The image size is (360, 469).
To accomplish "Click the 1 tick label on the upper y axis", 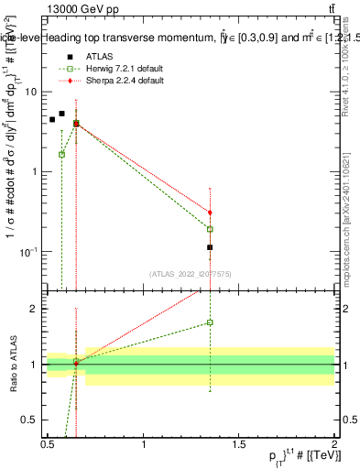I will [34, 171].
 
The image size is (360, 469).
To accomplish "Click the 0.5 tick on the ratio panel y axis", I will [29, 420].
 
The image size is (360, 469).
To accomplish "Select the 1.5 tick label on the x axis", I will [239, 443].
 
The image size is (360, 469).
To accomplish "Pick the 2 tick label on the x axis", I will [334, 443].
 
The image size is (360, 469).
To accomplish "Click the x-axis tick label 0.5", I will [48, 443].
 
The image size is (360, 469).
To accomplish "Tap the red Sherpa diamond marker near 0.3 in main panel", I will [210, 213].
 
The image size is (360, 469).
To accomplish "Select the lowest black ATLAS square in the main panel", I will [210, 247].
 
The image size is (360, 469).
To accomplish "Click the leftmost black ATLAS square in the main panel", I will [52, 119].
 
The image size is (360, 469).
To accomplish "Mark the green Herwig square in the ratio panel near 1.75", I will [210, 322].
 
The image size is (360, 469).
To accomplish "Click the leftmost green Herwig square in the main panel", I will [61, 154].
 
